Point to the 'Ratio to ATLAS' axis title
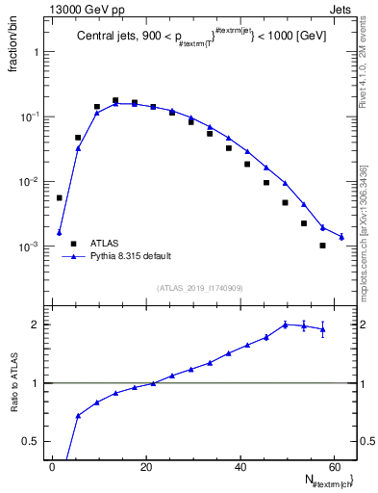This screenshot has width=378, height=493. (12, 385)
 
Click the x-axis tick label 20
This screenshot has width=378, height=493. (145, 466)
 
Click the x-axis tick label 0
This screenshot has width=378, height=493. (53, 466)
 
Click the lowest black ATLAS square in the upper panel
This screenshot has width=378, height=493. (323, 246)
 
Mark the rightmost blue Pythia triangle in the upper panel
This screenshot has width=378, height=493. (341, 236)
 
